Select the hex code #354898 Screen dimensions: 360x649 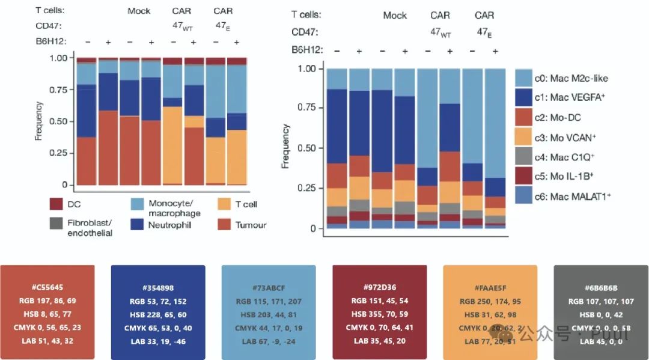coord(158,287)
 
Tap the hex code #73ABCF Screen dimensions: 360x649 coord(269,287)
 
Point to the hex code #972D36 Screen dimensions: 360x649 coord(379,287)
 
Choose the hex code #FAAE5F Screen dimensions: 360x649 coord(490,287)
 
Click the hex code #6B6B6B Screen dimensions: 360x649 coord(601,287)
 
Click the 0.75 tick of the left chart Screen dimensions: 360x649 coord(59,90)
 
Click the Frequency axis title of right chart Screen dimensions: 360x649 coord(286,147)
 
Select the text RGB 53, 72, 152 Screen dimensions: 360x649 coord(158,301)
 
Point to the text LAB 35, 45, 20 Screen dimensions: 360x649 coord(379,341)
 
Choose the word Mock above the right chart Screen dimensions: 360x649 coord(395,16)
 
